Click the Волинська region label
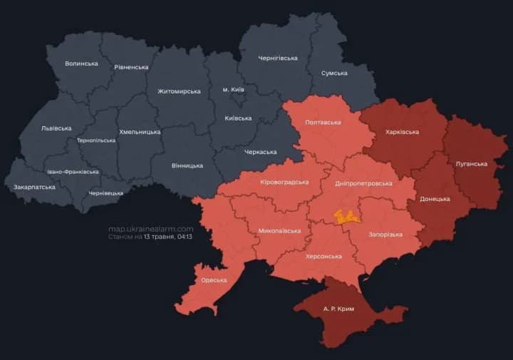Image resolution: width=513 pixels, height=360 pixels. (x=81, y=63)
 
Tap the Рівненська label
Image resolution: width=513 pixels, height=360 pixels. (x=131, y=67)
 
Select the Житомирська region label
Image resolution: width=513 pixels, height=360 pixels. (x=179, y=91)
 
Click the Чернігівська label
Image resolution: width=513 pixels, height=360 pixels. (x=278, y=58)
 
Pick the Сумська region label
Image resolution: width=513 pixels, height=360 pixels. (x=334, y=73)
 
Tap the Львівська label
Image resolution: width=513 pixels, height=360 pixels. (x=56, y=128)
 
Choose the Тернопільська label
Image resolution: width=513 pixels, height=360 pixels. (x=96, y=140)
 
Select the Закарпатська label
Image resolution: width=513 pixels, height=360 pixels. (x=34, y=187)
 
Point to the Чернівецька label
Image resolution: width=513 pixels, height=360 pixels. (x=105, y=193)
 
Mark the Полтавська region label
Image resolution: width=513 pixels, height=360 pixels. (x=323, y=123)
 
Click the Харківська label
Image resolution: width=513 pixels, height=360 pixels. (x=402, y=132)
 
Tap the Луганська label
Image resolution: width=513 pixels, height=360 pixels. (x=471, y=164)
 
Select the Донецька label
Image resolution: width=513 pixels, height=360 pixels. (x=435, y=199)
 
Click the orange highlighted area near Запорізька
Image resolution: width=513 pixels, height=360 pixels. (x=347, y=217)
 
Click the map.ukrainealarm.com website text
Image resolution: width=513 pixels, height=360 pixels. (x=150, y=228)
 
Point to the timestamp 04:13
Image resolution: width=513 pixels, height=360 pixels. (x=186, y=236)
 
